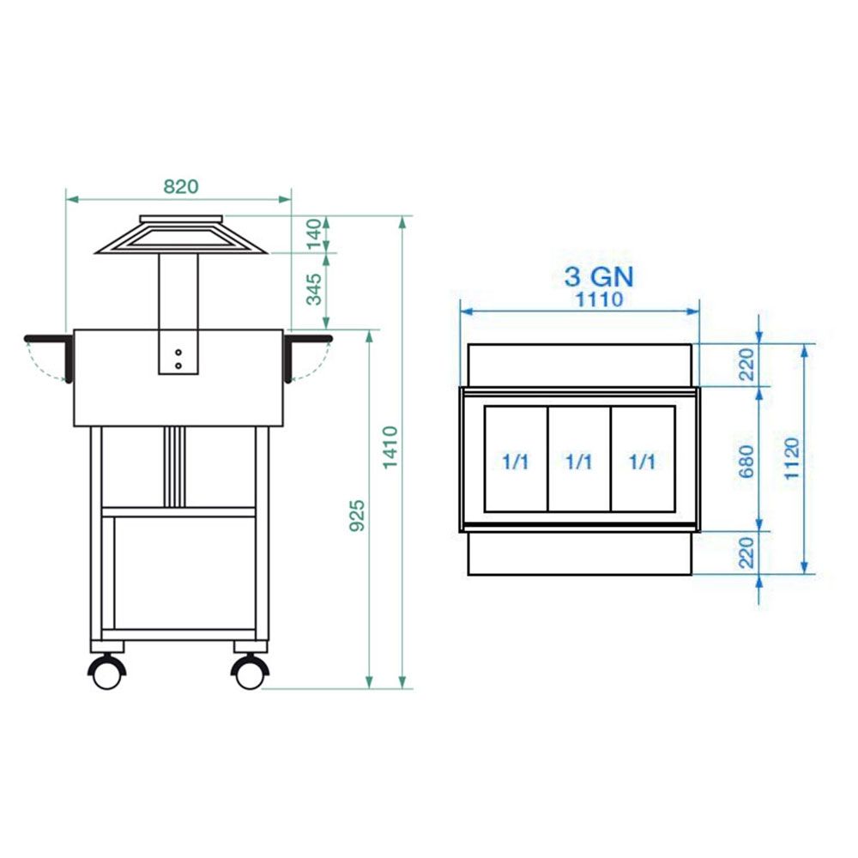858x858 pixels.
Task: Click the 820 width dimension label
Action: (180, 186)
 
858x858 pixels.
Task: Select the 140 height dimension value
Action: (314, 233)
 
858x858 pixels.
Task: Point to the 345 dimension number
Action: (314, 289)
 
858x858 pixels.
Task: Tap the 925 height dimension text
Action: (357, 515)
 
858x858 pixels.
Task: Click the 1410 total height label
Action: (390, 448)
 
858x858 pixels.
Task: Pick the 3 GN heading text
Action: (599, 276)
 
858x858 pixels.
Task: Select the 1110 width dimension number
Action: (599, 299)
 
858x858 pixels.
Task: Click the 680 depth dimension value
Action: (746, 462)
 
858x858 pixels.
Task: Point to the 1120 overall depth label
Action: (792, 458)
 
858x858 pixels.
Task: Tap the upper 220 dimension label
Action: (746, 365)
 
